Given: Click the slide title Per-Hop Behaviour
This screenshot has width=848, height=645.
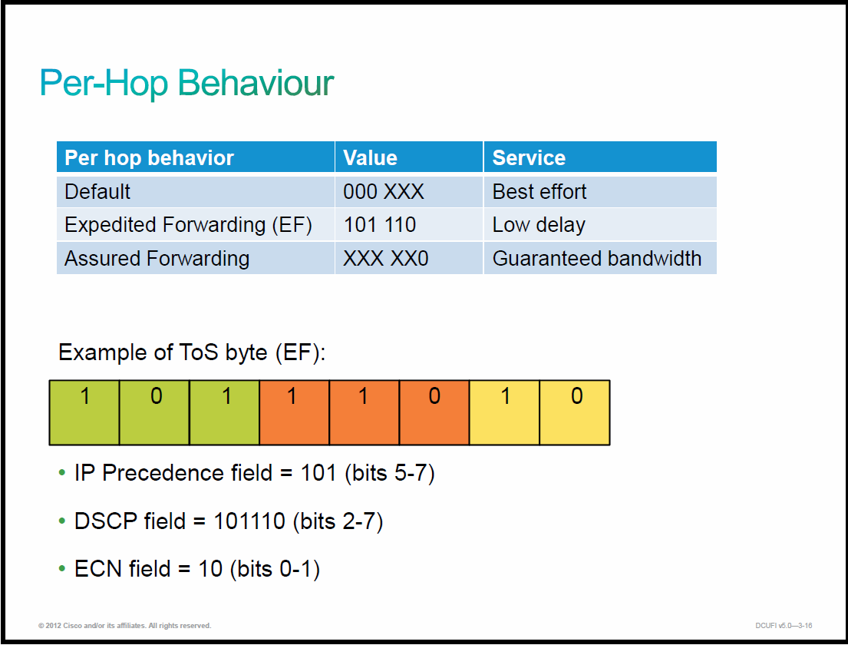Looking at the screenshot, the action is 186,84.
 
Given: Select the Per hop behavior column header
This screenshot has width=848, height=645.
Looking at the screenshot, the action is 149,157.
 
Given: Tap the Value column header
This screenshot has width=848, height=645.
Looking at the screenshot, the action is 370,157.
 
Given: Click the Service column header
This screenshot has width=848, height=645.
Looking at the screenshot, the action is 529,157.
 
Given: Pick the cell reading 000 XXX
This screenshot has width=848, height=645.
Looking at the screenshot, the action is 384,191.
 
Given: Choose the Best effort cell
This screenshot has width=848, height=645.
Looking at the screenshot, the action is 539,191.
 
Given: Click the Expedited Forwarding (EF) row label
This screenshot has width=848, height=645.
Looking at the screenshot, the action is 188,225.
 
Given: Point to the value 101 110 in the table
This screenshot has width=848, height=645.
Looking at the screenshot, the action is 380,224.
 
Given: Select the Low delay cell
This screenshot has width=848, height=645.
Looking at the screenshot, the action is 539,225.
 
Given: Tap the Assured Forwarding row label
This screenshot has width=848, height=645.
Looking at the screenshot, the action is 157,259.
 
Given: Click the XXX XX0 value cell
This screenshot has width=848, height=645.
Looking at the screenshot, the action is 385,259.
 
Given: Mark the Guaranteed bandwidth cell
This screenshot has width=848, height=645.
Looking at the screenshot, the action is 597,259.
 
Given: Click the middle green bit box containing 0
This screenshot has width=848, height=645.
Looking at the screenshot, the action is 154,413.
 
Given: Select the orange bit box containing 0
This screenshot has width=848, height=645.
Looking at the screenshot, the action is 434,413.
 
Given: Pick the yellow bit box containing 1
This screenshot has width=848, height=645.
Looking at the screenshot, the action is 505,413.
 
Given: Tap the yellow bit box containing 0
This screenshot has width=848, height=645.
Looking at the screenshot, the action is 575,413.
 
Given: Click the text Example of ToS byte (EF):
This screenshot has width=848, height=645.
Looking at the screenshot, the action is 192,352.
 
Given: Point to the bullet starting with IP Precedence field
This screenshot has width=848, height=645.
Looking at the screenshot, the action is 254,474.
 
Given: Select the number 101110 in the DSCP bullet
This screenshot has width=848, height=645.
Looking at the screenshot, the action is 249,521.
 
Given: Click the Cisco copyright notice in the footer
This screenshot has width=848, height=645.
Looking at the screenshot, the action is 125,626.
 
